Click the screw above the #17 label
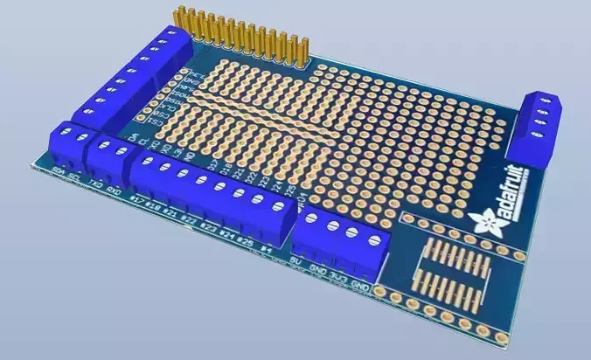[x=147, y=161]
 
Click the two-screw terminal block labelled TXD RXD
[x=106, y=156]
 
